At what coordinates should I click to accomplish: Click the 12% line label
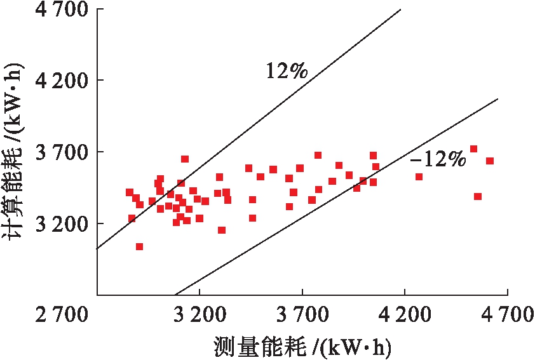coord(286,70)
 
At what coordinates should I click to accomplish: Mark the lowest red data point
coord(139,246)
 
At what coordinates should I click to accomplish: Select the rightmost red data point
coord(490,161)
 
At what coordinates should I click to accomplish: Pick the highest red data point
coord(473,149)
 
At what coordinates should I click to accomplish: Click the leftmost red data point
coord(129,192)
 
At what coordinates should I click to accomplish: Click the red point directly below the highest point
coord(478,196)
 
